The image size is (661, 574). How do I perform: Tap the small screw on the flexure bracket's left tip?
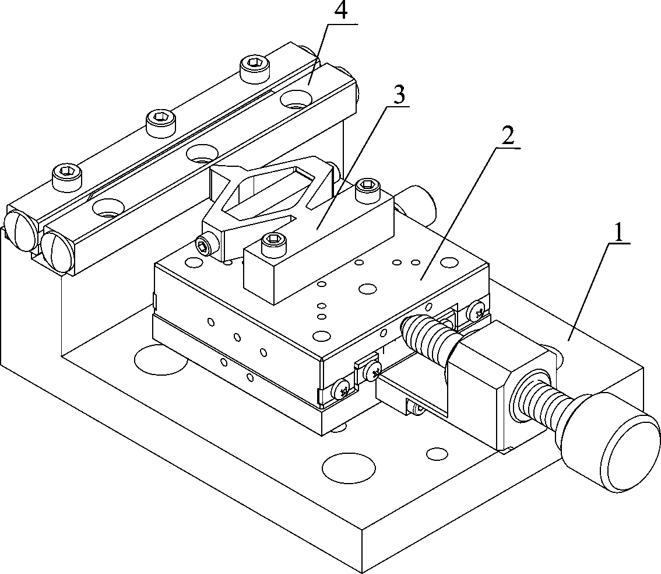coord(203,246)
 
